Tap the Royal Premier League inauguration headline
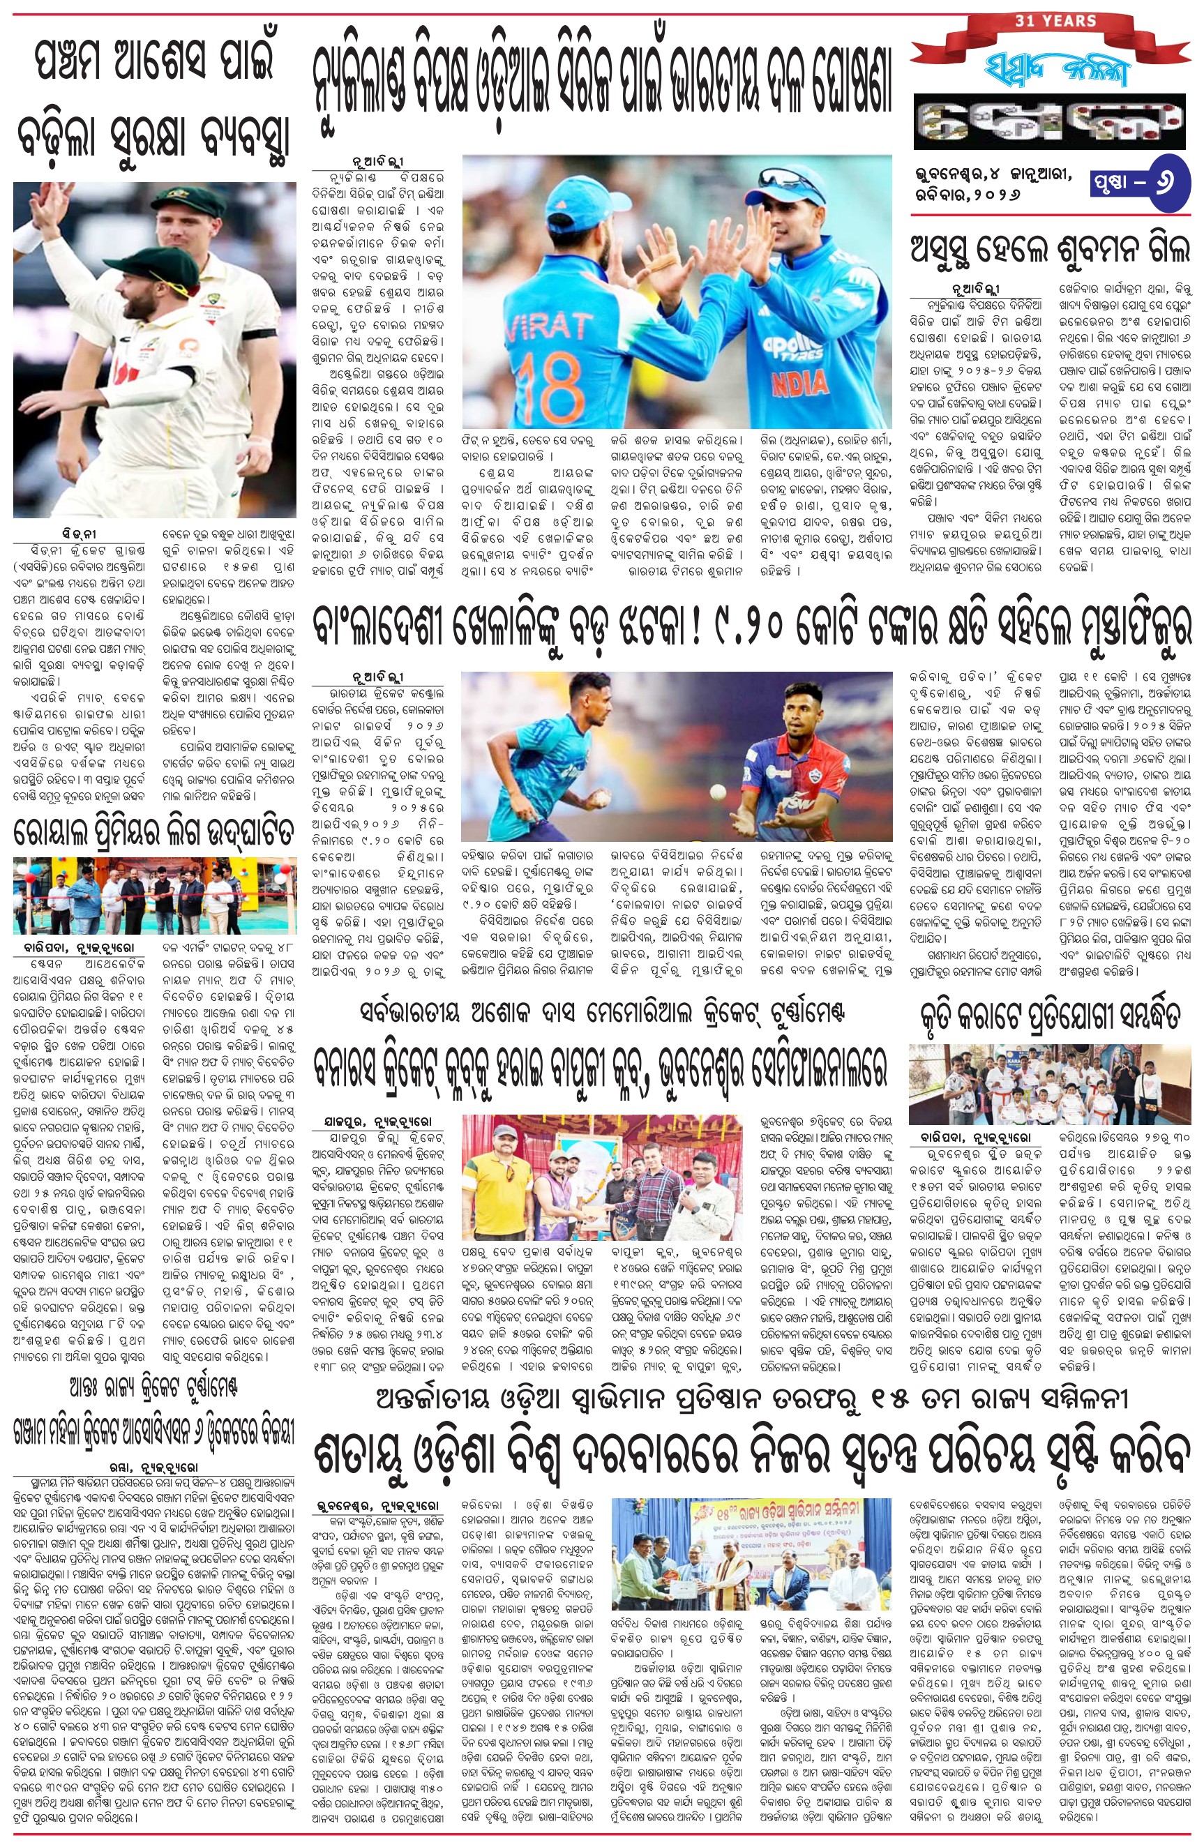pyautogui.click(x=154, y=833)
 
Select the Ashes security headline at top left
pyautogui.click(x=154, y=101)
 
